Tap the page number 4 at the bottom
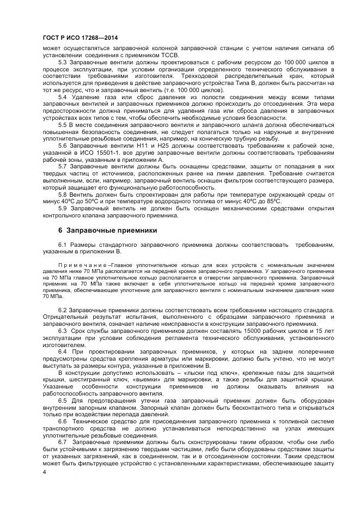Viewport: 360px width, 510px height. [x=44, y=472]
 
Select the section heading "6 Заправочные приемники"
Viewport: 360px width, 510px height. [x=107, y=230]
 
